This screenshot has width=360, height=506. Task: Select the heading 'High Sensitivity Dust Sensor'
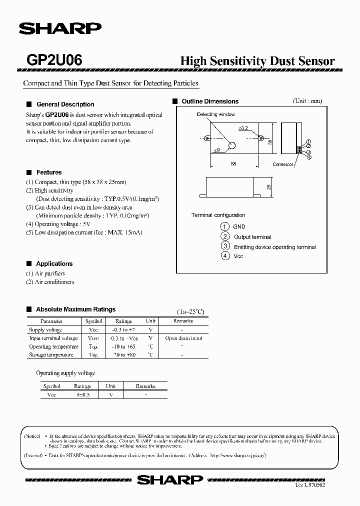pyautogui.click(x=257, y=61)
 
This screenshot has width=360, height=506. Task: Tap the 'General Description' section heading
pyautogui.click(x=65, y=104)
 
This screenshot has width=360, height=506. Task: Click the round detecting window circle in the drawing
pyautogui.click(x=231, y=145)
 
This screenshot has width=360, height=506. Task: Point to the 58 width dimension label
pyautogui.click(x=233, y=163)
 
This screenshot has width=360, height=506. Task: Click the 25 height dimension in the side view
pyautogui.click(x=268, y=187)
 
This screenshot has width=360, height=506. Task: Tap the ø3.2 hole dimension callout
pyautogui.click(x=243, y=128)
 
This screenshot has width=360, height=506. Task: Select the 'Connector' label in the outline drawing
pyautogui.click(x=283, y=164)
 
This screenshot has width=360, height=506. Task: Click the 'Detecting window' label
pyautogui.click(x=215, y=114)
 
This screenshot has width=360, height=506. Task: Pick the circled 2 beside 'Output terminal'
pyautogui.click(x=225, y=236)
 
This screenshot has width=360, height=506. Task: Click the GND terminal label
pyautogui.click(x=239, y=226)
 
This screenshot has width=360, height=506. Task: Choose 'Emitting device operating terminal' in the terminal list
pyautogui.click(x=274, y=247)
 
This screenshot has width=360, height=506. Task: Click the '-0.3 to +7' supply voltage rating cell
pyautogui.click(x=123, y=330)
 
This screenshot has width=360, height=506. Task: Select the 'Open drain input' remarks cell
pyautogui.click(x=183, y=338)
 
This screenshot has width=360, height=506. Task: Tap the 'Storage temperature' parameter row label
pyautogui.click(x=51, y=355)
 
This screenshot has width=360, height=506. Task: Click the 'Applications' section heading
pyautogui.click(x=54, y=263)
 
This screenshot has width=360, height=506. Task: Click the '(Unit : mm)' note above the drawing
pyautogui.click(x=307, y=100)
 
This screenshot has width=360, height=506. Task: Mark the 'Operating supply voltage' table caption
pyautogui.click(x=65, y=373)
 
